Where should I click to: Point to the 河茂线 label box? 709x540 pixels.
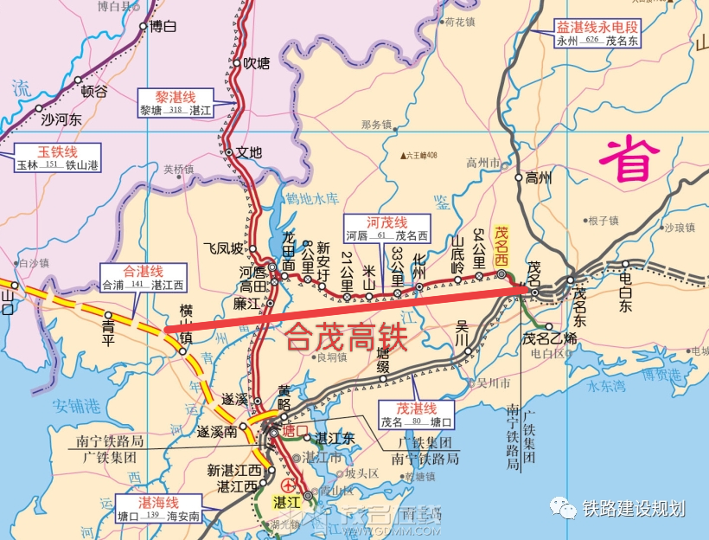386,228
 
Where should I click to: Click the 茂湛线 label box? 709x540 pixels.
416,415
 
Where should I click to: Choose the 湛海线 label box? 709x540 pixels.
159,509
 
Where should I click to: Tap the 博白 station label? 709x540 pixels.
163,26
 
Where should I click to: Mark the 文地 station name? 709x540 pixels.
249,152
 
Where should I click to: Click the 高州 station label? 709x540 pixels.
539,178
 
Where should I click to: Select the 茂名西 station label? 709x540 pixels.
501,246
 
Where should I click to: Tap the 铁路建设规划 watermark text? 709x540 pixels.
635,509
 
